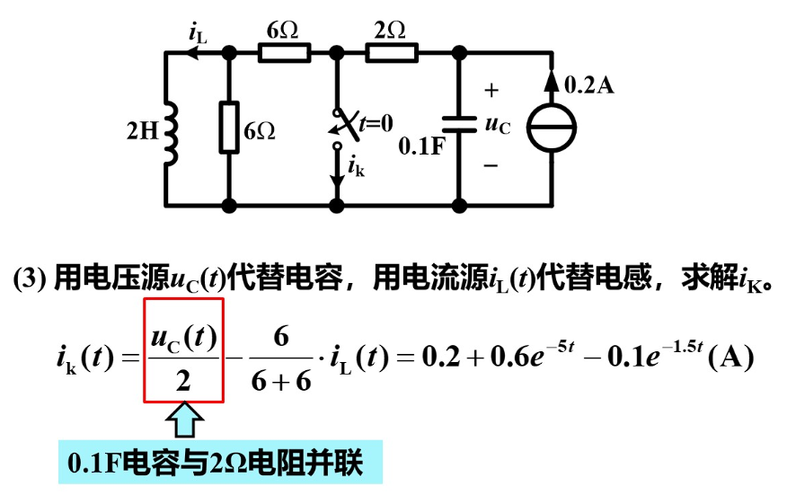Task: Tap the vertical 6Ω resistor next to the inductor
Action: pyautogui.click(x=228, y=128)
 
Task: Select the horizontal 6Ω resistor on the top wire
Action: pyautogui.click(x=284, y=54)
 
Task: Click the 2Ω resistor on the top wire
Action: pyautogui.click(x=391, y=54)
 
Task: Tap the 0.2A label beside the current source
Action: pyautogui.click(x=589, y=85)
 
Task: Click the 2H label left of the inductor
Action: pyautogui.click(x=141, y=131)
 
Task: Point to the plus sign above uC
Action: pyautogui.click(x=491, y=90)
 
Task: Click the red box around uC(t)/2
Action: pyautogui.click(x=183, y=349)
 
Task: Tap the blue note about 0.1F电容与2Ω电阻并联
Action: pyautogui.click(x=220, y=464)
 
